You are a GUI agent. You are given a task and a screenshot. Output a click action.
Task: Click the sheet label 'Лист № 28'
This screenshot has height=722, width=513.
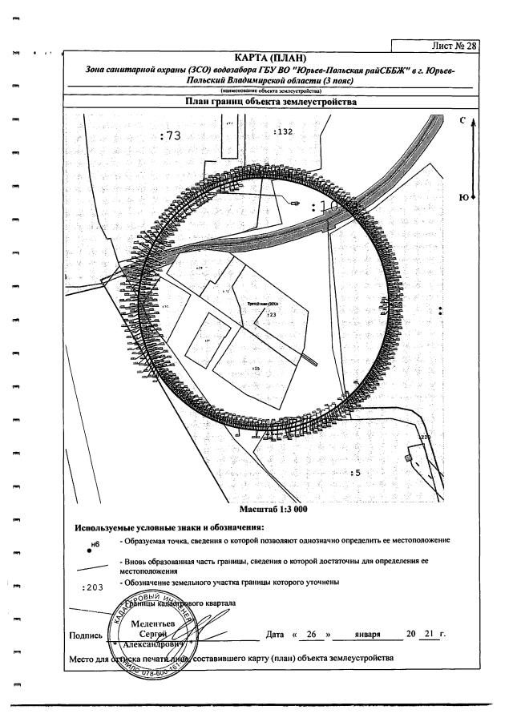(453, 46)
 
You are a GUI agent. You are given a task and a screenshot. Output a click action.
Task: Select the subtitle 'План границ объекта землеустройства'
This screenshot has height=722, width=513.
(270, 103)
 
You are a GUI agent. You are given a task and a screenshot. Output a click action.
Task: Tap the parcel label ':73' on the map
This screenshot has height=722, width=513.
(171, 136)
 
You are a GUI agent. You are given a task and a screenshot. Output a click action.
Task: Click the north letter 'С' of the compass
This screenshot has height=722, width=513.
(463, 120)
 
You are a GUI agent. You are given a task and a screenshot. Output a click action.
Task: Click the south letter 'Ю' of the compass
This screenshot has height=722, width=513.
(463, 196)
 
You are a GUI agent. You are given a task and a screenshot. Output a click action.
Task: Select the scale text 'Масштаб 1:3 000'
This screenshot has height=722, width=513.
(273, 509)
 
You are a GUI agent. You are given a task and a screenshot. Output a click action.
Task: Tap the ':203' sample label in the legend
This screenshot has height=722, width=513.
(94, 587)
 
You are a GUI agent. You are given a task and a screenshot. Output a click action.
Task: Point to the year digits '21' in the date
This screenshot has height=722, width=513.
(429, 635)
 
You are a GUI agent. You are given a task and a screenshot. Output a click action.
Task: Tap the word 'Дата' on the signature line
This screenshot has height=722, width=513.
(274, 635)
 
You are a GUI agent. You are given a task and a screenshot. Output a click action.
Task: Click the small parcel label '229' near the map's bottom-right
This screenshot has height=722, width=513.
(425, 437)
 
